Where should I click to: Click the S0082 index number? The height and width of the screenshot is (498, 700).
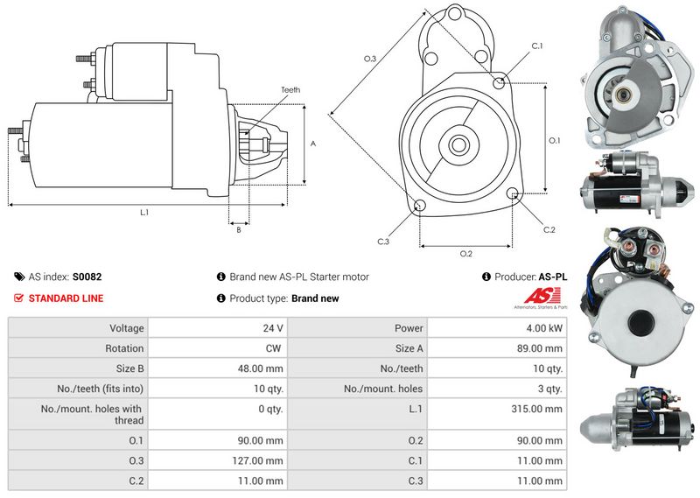point(87,277)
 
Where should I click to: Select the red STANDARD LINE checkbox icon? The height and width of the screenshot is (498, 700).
point(18,298)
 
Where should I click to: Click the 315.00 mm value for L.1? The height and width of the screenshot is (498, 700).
point(536,409)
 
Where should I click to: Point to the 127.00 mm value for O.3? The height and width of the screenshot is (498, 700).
point(257,460)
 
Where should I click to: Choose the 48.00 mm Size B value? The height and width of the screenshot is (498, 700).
point(260,368)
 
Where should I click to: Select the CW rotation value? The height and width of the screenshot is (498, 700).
point(273,348)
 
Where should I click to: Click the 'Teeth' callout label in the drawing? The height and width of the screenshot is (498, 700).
point(290,90)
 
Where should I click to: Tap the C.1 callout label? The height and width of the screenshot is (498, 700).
point(537,46)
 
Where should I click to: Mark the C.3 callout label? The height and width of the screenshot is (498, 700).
point(383,242)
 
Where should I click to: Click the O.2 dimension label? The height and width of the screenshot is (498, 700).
point(466,254)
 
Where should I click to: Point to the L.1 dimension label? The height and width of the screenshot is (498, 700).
point(144,213)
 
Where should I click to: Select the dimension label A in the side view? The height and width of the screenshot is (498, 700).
point(313,144)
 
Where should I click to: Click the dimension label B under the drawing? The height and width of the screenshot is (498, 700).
point(239,230)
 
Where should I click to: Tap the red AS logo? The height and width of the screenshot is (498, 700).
point(542,296)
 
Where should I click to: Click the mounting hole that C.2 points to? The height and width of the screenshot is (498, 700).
point(514,193)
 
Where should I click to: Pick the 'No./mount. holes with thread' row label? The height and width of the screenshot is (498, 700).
point(92,415)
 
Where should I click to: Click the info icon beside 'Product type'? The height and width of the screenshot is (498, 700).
point(221,298)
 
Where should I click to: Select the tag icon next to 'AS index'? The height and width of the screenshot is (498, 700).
point(19,277)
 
